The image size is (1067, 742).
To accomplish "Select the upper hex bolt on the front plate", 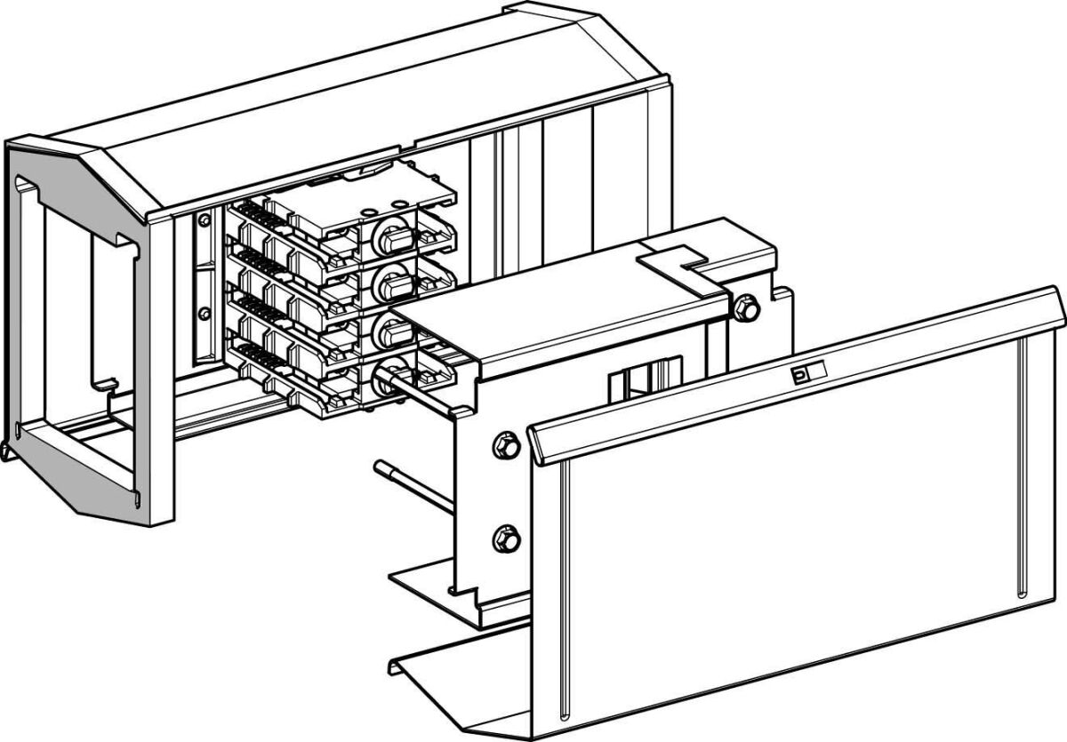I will (x=504, y=442).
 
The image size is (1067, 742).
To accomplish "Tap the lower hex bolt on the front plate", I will (x=504, y=538).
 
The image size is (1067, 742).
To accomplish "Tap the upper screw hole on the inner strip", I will (x=205, y=219).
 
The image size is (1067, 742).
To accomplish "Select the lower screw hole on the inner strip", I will (x=205, y=311).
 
